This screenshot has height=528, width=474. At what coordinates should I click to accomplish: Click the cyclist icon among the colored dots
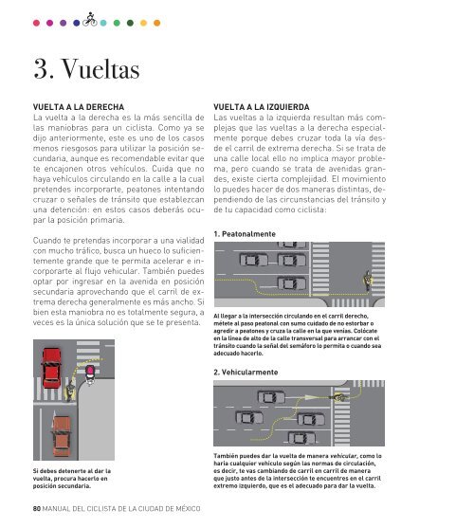(90, 20)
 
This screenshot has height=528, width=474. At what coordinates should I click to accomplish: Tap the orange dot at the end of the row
(156, 23)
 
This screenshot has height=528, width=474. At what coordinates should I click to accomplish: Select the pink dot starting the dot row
(36, 23)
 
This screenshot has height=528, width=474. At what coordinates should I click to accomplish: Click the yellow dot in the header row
(143, 23)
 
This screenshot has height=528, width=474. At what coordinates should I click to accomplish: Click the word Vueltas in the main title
(100, 69)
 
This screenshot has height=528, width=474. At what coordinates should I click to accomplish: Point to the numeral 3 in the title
(41, 69)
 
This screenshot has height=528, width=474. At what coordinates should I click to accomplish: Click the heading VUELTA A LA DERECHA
(79, 107)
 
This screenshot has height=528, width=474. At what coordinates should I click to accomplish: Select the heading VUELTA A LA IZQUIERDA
(262, 107)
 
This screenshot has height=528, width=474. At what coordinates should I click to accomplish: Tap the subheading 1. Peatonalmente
(245, 234)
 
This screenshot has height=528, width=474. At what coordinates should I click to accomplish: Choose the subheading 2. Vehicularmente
(246, 373)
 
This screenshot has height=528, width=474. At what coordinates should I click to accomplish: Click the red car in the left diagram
(51, 368)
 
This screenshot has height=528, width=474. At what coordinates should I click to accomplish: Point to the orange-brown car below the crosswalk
(62, 436)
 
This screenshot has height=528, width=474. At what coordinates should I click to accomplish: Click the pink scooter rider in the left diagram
(90, 374)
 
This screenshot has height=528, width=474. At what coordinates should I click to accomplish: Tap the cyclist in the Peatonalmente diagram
(367, 281)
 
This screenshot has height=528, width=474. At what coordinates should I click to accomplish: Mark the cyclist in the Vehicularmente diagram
(339, 398)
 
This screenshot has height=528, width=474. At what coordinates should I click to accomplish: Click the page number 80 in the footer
(37, 508)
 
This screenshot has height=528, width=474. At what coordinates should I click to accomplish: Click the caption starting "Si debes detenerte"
(72, 479)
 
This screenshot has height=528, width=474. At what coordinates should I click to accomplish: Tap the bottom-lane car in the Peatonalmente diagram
(292, 283)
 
